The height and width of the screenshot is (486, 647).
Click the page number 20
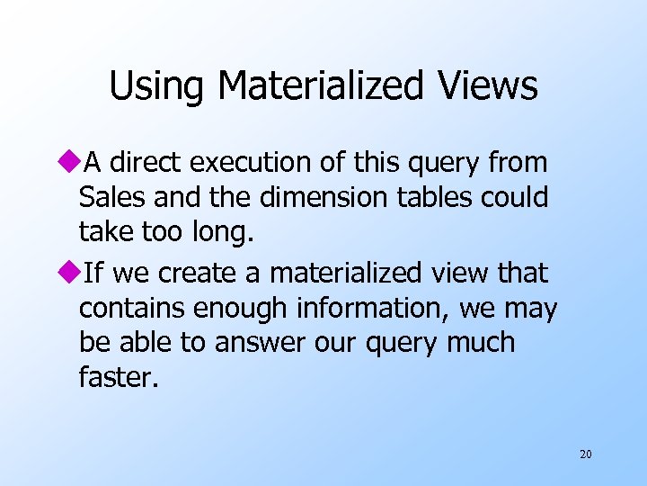tap(585, 454)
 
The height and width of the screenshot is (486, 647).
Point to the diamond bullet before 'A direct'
tap(71, 163)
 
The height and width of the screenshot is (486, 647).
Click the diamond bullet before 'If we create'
tap(71, 272)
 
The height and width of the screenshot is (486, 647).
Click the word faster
tap(118, 376)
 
